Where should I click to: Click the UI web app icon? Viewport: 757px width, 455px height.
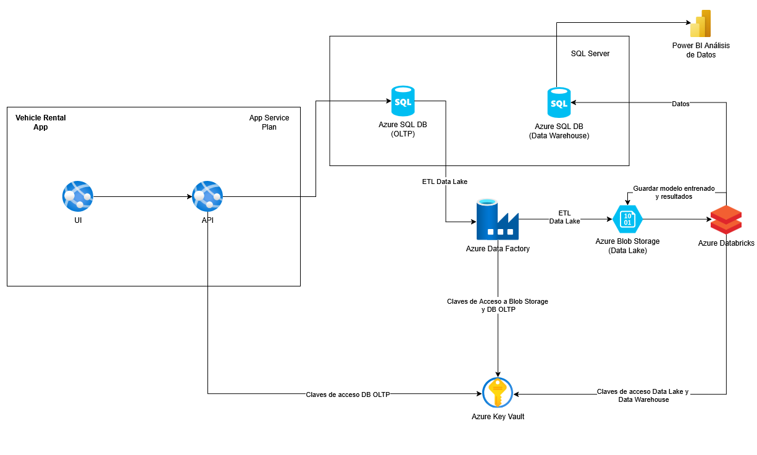(78, 196)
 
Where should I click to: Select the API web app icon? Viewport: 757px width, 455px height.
(207, 196)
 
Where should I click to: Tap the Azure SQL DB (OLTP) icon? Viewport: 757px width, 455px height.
(403, 101)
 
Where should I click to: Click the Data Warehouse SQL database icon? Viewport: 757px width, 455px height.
(559, 102)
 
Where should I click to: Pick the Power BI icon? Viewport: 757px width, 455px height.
(701, 24)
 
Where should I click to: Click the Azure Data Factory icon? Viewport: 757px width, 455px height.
(497, 219)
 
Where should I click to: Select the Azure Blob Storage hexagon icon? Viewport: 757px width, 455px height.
(627, 219)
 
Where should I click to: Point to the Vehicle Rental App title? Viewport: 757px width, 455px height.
(41, 122)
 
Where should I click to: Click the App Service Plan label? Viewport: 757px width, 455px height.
(269, 122)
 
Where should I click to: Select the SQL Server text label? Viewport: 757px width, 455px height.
(590, 54)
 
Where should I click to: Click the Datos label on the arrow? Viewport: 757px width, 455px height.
(680, 104)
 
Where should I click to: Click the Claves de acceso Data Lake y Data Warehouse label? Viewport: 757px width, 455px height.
(643, 396)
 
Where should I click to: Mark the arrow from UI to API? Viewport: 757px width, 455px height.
(142, 197)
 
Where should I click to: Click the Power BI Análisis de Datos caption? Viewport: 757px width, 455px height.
(701, 50)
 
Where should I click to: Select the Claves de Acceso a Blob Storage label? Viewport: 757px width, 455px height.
(498, 306)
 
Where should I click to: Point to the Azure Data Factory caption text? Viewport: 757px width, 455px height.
(498, 249)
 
